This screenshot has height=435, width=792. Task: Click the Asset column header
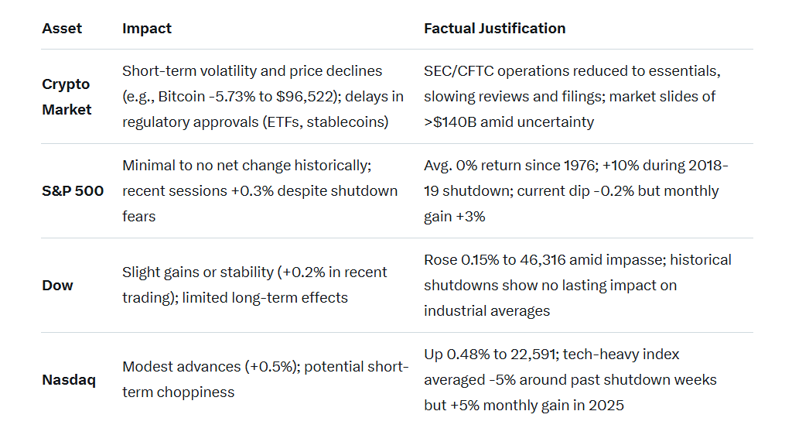coord(62,29)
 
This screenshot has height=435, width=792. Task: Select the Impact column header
coord(146,29)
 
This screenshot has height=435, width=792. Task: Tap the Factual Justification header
coord(494,29)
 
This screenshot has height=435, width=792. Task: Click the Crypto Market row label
coord(67,97)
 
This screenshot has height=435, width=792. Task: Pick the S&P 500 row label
coord(73,191)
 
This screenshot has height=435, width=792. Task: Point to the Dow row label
coord(57,286)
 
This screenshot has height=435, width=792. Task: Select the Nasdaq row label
coord(69,380)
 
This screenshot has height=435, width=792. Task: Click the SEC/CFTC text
coord(459,71)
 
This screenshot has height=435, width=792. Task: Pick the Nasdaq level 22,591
coord(534,355)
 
